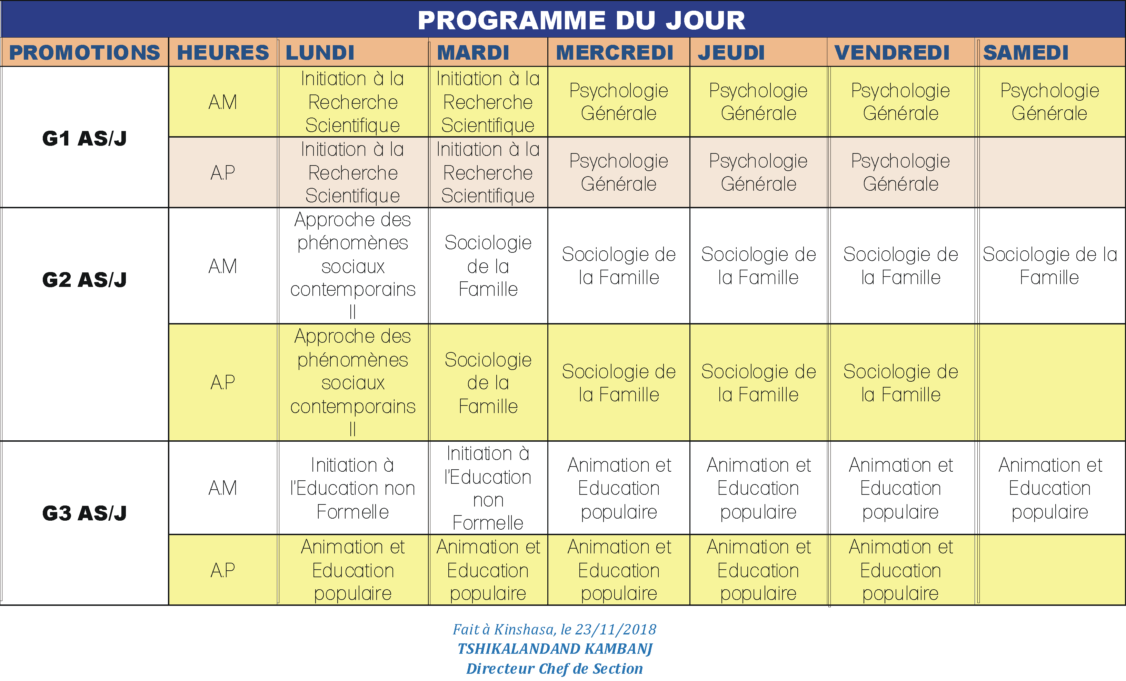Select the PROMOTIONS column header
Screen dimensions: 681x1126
[x=84, y=52]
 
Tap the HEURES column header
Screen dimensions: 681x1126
[x=223, y=52]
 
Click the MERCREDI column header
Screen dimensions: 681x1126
[x=615, y=52]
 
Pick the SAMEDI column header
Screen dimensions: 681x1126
[x=1025, y=52]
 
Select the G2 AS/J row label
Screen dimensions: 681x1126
[x=84, y=280]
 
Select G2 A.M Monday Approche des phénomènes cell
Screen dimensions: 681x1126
[x=352, y=266]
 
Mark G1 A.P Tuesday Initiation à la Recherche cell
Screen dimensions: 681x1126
[x=488, y=173]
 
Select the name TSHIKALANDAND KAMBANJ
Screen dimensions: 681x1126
[x=555, y=649]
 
